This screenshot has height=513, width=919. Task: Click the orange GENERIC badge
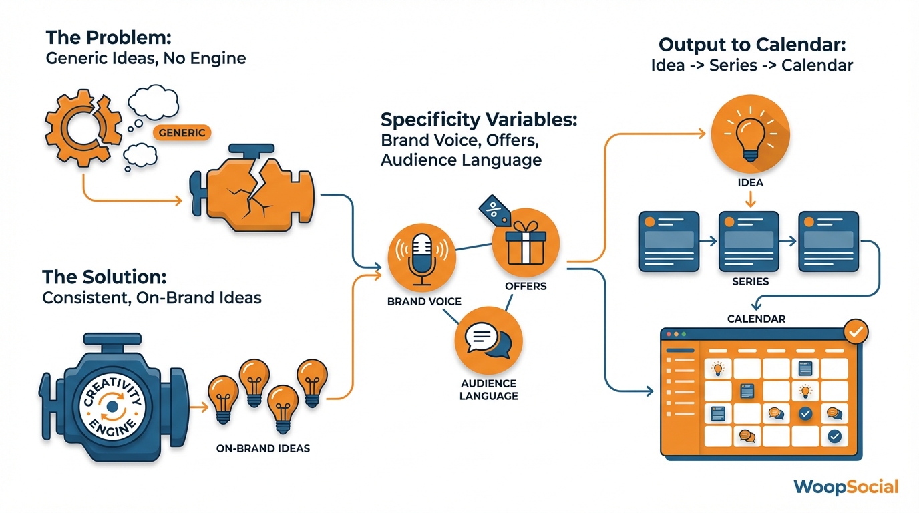click(182, 132)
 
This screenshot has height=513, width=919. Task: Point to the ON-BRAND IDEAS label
click(263, 448)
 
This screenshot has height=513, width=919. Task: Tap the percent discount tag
click(495, 212)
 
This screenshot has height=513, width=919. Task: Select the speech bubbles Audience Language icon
click(488, 341)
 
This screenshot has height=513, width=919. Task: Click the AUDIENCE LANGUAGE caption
click(489, 390)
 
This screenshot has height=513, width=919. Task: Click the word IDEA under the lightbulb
click(750, 182)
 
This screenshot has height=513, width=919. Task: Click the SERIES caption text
click(750, 281)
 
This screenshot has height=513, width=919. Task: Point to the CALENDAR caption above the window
click(756, 319)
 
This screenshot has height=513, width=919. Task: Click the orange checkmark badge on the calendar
click(856, 331)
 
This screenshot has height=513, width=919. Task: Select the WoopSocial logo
click(846, 487)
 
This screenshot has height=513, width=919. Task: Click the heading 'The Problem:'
click(109, 37)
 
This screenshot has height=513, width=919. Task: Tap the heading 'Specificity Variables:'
click(479, 120)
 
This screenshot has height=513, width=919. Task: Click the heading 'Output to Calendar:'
click(752, 45)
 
